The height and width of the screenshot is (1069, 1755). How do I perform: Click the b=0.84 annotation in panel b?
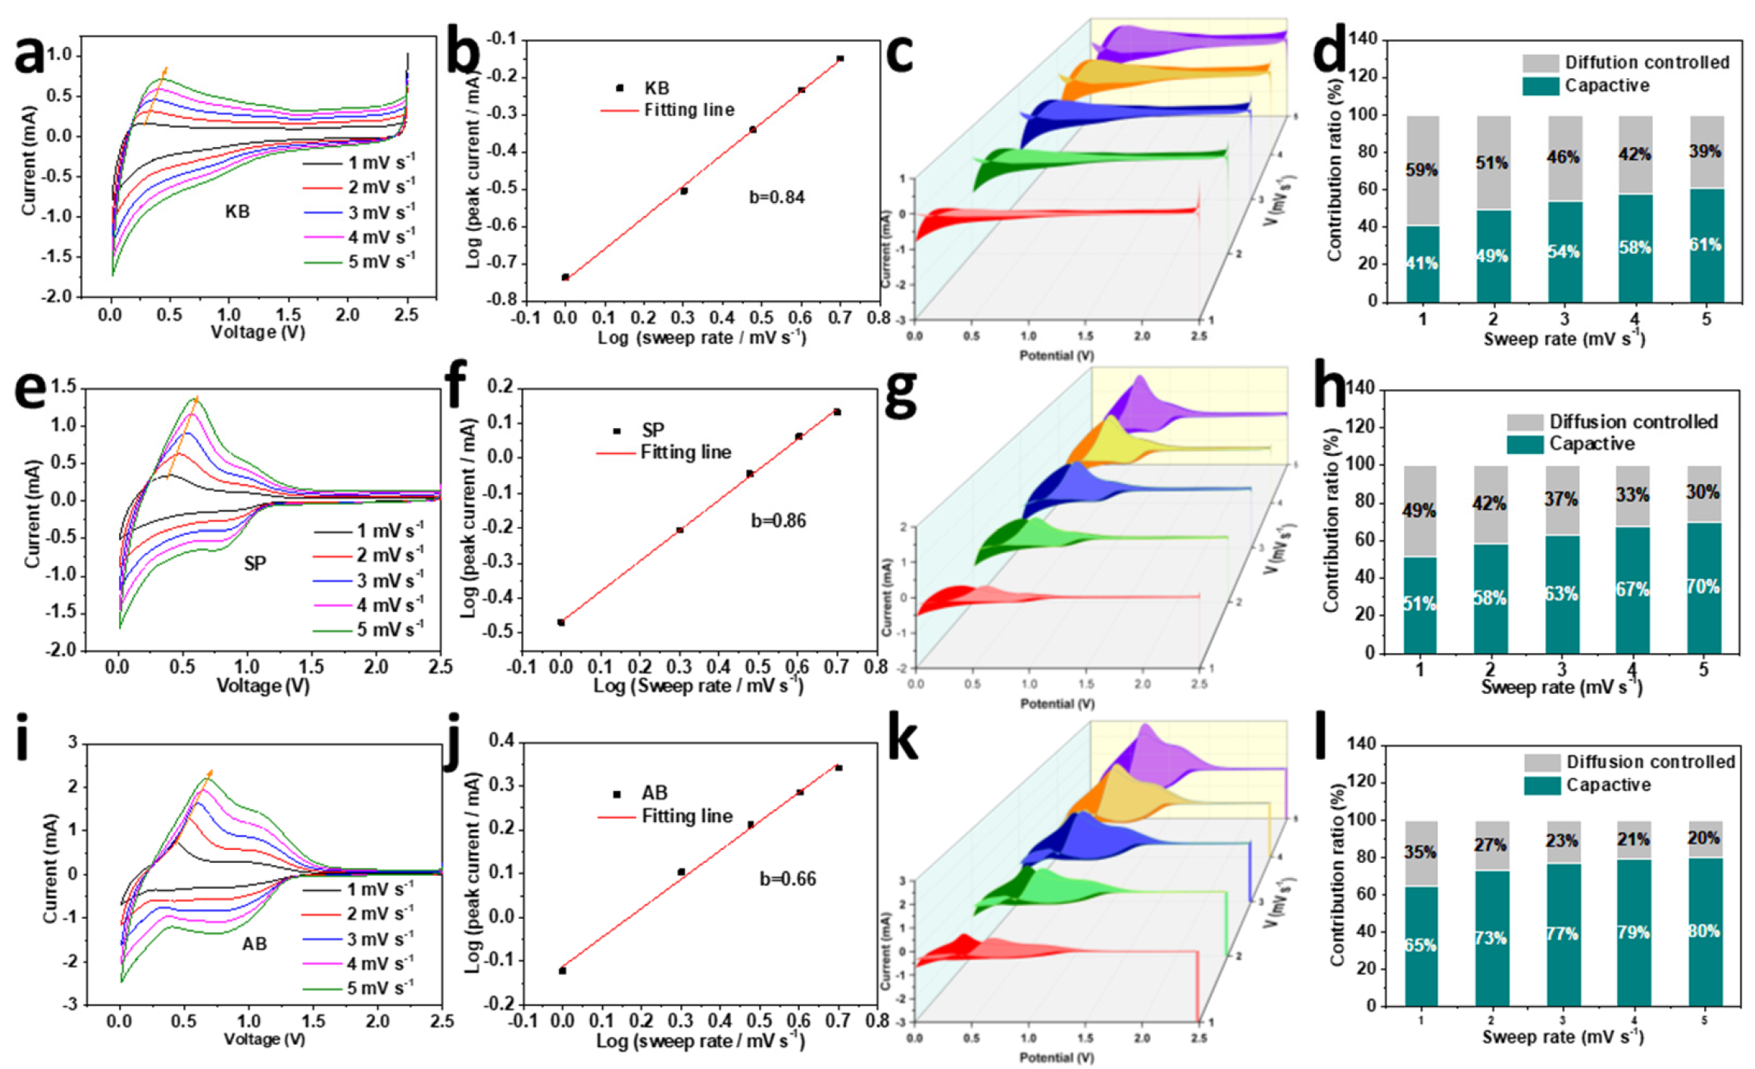776,198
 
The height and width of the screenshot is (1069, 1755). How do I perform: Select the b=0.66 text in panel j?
788,879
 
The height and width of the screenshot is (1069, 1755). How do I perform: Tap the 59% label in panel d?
1421,170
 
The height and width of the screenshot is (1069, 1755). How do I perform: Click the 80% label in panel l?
1703,931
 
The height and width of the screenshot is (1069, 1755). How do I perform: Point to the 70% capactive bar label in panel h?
1703,587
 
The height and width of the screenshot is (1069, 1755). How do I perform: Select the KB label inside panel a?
237,212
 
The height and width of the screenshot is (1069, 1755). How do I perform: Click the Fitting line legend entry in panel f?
664,453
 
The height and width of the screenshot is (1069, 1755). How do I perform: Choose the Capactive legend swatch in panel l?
1542,786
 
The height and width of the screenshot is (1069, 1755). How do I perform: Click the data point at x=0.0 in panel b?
565,277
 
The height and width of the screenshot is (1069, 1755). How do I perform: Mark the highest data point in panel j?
838,767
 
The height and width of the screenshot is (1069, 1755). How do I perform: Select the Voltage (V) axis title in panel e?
263,686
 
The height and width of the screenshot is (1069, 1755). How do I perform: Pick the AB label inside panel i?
255,944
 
